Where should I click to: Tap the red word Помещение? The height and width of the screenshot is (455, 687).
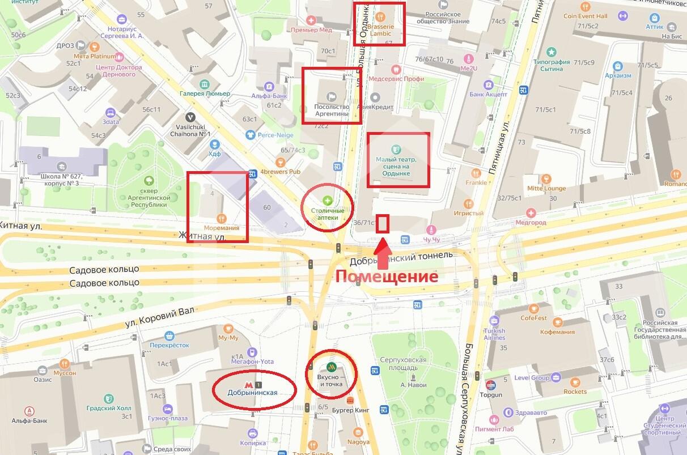(x=387, y=277)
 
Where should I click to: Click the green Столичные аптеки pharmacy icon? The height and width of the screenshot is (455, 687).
(x=327, y=200)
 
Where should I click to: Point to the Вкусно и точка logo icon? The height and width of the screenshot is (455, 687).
(x=331, y=367)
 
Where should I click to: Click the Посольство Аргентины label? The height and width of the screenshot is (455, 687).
(x=332, y=110)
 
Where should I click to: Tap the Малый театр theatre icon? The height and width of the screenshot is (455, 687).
(x=396, y=149)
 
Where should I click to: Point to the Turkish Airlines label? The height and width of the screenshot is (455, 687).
(x=494, y=334)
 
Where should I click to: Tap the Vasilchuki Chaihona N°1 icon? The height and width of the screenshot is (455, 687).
(x=191, y=117)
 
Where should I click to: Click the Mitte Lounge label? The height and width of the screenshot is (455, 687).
(x=546, y=188)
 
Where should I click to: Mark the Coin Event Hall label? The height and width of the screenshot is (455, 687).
(x=585, y=16)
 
